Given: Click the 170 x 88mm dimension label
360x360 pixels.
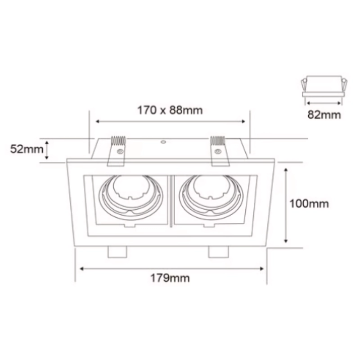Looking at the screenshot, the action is click(170, 110).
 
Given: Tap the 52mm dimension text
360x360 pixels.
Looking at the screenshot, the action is click(27, 149).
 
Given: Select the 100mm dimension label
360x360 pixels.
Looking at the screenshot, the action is click(309, 204).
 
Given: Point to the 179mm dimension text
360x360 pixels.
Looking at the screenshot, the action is click(170, 278).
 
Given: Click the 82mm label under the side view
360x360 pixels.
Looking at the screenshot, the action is click(324, 115).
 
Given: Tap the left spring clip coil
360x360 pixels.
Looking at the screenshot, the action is click(118, 140).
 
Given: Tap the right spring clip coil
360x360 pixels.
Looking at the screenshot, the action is click(218, 140).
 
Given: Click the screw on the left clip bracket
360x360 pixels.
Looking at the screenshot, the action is click(120, 151).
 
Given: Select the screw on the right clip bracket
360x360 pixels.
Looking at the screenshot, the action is click(218, 151).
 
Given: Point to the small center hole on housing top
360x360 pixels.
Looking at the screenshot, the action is click(163, 142).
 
